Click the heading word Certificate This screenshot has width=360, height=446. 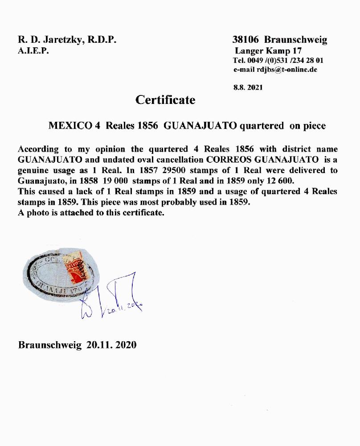[x=165, y=100]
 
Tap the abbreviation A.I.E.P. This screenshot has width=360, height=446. [x=33, y=51]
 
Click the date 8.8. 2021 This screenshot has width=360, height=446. [x=248, y=87]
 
